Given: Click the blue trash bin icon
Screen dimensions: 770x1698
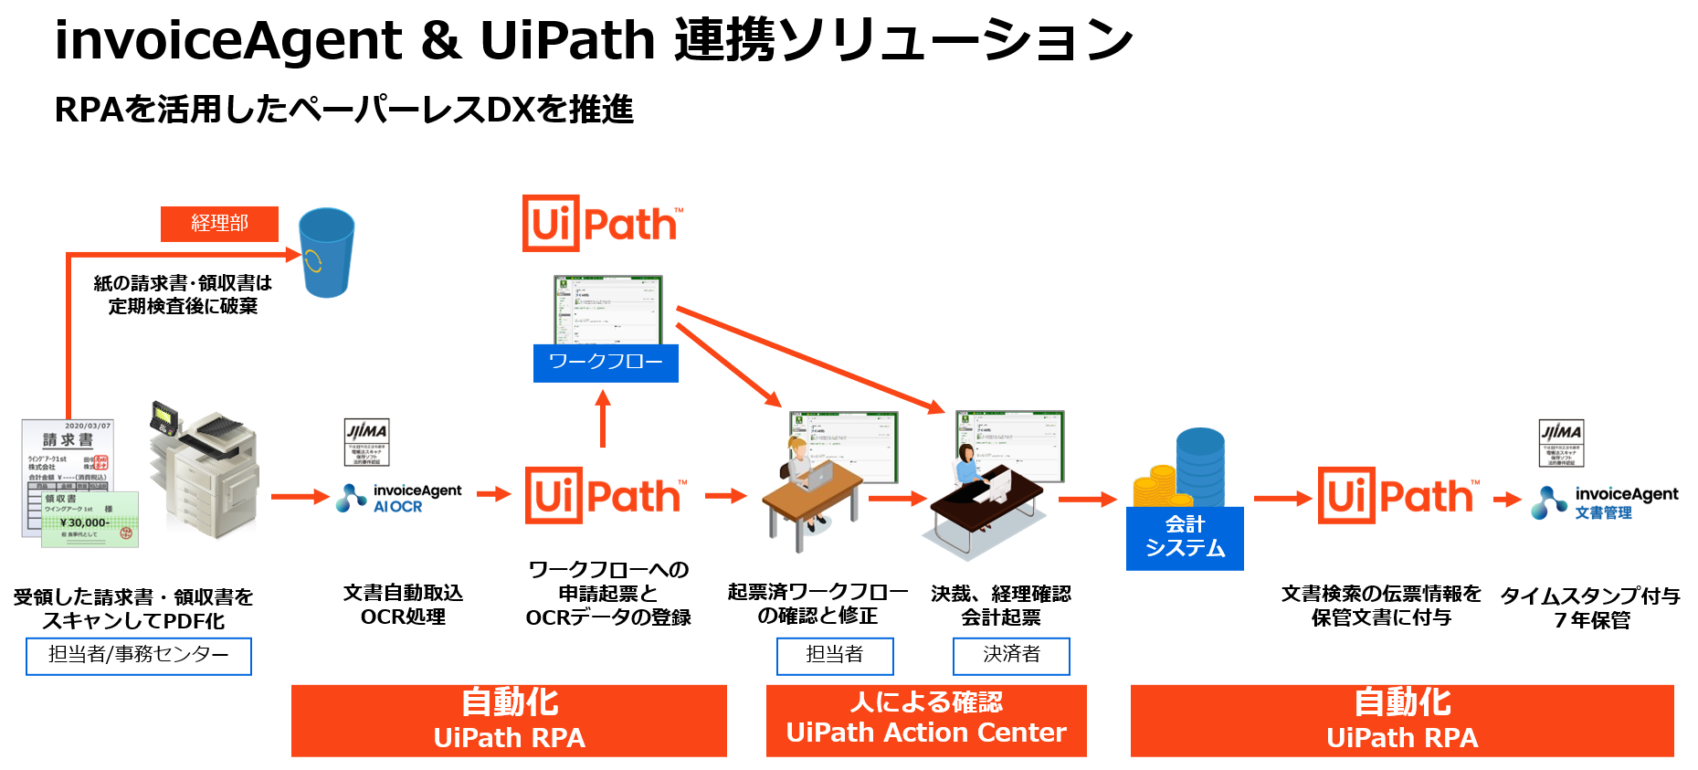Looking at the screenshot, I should [326, 252].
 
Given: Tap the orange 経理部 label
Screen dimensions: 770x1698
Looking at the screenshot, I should [219, 224].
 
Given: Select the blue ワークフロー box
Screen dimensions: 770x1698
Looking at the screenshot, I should [606, 363].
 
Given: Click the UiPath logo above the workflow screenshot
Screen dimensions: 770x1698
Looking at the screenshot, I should [601, 223].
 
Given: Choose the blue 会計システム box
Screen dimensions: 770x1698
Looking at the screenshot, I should [1185, 537].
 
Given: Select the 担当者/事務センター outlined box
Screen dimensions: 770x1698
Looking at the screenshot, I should [139, 656].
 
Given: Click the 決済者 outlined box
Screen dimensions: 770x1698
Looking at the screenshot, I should [1011, 655].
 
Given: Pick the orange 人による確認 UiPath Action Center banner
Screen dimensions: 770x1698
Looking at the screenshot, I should [926, 720].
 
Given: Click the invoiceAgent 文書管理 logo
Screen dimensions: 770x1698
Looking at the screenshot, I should [1605, 502].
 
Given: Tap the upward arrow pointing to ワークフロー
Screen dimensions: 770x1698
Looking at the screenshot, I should [603, 418].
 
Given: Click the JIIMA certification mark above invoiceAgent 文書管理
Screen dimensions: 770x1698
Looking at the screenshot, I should [1561, 443].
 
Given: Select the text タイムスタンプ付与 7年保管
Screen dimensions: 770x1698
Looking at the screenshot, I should [1590, 607].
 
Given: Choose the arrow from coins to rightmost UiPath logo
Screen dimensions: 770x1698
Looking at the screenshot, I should [1282, 499].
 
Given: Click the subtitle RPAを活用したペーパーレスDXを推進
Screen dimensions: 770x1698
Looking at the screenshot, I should [343, 110].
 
